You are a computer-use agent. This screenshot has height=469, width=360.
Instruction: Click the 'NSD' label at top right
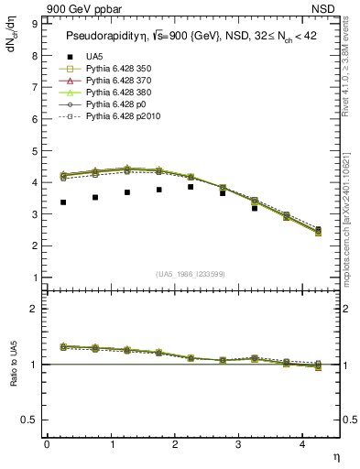[326, 9]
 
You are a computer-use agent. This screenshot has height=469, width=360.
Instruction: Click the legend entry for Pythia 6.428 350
[110, 69]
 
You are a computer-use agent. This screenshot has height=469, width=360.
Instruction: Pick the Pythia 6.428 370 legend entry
[110, 81]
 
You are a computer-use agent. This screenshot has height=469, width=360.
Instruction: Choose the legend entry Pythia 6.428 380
[110, 93]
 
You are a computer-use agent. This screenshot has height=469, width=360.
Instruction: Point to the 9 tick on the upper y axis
[35, 24]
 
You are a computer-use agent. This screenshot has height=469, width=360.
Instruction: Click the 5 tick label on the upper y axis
[35, 151]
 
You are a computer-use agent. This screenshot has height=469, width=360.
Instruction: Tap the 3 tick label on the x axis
[238, 444]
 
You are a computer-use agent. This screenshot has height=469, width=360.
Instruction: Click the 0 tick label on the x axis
[47, 444]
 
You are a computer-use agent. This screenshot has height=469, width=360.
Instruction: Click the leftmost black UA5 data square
[62, 202]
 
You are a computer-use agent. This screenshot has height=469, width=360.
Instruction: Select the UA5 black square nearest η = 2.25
[191, 187]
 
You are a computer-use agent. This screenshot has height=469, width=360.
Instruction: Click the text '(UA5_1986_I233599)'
[191, 274]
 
